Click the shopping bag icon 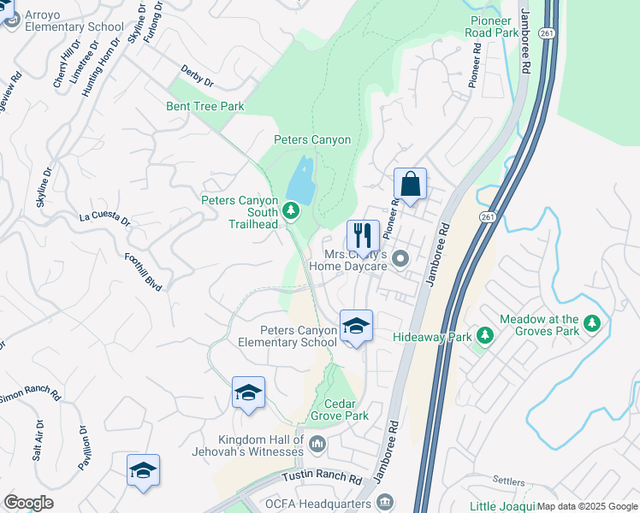[x=411, y=185]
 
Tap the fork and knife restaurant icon [x=363, y=235]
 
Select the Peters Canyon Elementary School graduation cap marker [x=356, y=326]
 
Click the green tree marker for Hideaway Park [x=485, y=336]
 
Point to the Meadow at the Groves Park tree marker [x=592, y=323]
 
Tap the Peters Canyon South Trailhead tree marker [x=291, y=209]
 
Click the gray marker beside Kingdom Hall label [x=317, y=443]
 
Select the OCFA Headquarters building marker [x=385, y=501]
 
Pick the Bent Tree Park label [x=205, y=107]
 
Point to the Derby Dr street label [x=197, y=76]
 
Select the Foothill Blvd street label [x=144, y=271]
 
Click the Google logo [x=28, y=503]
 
